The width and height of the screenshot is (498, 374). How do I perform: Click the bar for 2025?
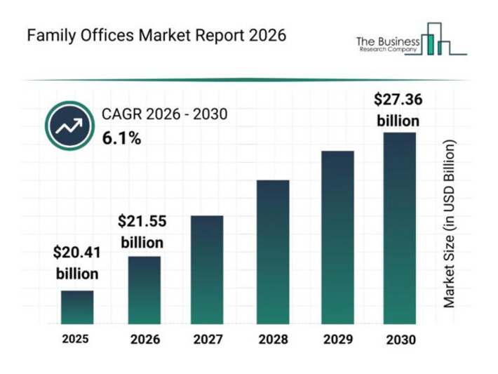77,307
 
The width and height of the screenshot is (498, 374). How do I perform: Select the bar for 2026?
144,290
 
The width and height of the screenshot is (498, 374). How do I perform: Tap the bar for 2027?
207,269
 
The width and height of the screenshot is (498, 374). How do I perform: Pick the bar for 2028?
272,252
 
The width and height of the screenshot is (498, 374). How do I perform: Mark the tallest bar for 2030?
399,228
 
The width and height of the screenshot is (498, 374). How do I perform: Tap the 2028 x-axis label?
272,340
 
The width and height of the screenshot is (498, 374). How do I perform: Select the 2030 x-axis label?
401,340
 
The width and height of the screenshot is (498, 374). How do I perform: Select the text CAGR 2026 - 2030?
165,114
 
